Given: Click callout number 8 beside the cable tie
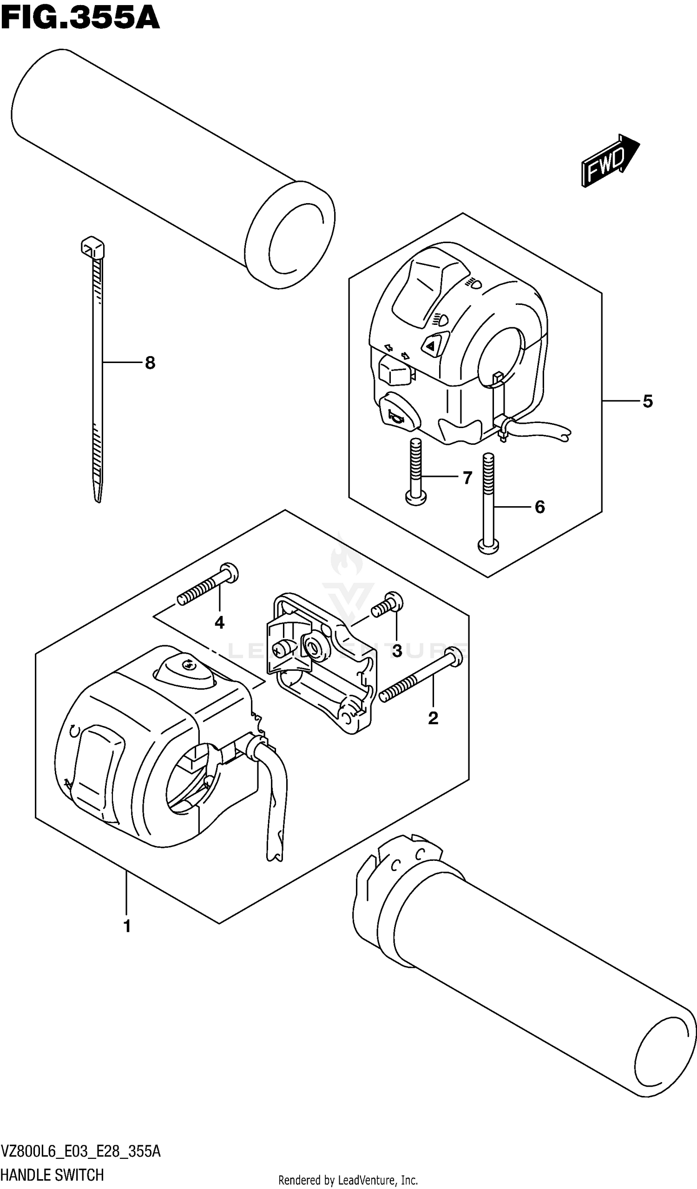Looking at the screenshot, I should pos(150,363).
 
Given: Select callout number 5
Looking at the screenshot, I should pos(647,402).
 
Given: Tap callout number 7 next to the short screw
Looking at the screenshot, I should pos(467,478).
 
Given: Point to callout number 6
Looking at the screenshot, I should pos(539,507).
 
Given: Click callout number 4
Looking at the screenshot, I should pos(219,623).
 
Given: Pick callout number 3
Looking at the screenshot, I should pos(397,651).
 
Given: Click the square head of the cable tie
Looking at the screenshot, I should pos(92,247).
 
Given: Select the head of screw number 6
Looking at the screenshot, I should pos(488,547).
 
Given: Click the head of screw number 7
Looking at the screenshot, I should pos(415,497).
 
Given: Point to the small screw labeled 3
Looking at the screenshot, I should pos(388,605).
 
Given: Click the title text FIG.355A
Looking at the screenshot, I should pos(80,19).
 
